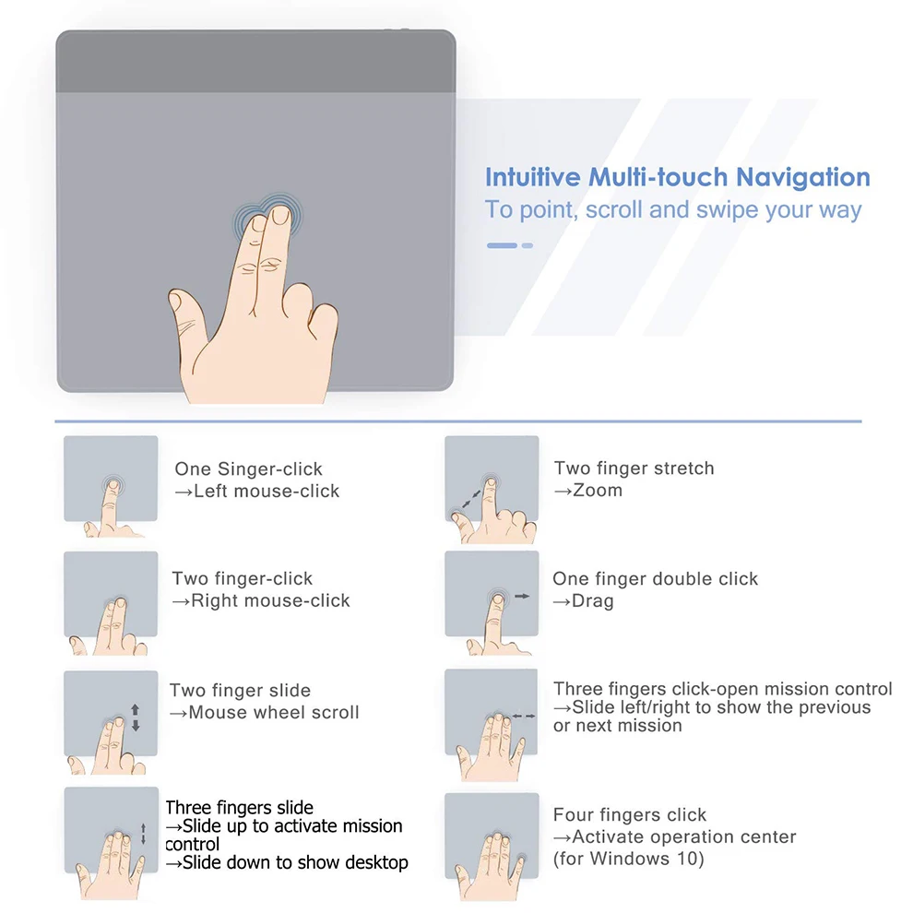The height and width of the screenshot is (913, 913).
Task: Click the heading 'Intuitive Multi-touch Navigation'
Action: pyautogui.click(x=677, y=177)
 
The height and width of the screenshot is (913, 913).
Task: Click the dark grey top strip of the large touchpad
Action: pyautogui.click(x=255, y=62)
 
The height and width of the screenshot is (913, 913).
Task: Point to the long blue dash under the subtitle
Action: pyautogui.click(x=502, y=245)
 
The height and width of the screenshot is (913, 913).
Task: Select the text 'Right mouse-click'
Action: pyautogui.click(x=271, y=600)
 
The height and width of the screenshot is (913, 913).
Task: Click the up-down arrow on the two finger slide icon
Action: pyautogui.click(x=135, y=717)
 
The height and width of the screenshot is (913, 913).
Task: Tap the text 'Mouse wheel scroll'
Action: pyautogui.click(x=274, y=712)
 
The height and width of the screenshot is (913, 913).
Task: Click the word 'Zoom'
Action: pyautogui.click(x=598, y=491)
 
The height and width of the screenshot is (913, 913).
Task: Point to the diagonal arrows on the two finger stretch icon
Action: pyautogui.click(x=471, y=500)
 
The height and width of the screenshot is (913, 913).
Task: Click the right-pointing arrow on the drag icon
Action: pyautogui.click(x=522, y=596)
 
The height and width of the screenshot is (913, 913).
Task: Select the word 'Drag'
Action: pyautogui.click(x=593, y=601)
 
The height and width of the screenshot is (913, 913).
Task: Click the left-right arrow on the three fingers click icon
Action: pyautogui.click(x=524, y=716)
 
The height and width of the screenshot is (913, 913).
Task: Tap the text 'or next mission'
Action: pyautogui.click(x=618, y=726)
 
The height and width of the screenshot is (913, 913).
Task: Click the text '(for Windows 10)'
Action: pyautogui.click(x=629, y=859)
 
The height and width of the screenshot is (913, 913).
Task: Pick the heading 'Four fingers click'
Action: pyautogui.click(x=630, y=814)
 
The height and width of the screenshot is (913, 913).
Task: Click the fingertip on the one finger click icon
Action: pyautogui.click(x=113, y=485)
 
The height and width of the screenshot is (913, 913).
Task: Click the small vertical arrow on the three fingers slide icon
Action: pyautogui.click(x=143, y=834)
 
